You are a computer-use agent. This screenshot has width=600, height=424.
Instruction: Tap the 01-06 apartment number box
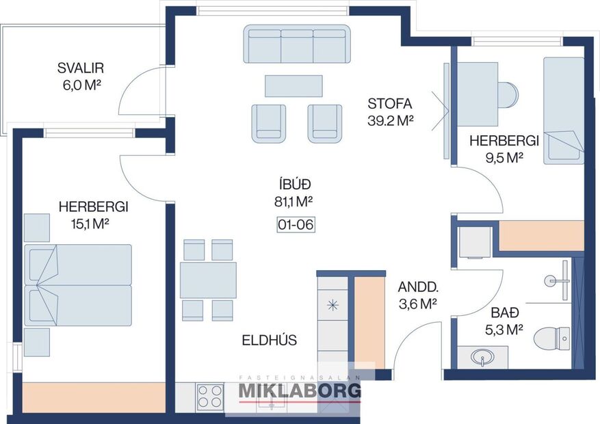coord(296,224)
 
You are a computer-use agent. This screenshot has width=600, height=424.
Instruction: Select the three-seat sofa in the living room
coord(298,45)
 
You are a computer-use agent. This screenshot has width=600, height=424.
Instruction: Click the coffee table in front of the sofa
coord(293,85)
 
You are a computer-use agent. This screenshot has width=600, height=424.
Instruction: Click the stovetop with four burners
coord(210,396)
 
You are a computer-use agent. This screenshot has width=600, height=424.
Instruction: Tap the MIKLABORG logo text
coord(299,390)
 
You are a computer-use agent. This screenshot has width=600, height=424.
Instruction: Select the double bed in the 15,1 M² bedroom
coord(77,285)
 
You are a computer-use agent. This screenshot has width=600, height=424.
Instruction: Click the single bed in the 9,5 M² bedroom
coord(563,110)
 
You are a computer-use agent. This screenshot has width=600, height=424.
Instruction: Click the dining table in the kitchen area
coord(208,280)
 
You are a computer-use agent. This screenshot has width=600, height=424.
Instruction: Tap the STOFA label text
coord(389,104)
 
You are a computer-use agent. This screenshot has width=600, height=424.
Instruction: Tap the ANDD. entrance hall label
coord(417,287)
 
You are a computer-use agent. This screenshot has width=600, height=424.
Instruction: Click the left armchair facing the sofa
coord(268,123)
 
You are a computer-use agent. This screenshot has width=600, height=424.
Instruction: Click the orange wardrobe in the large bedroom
coord(94,397)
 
